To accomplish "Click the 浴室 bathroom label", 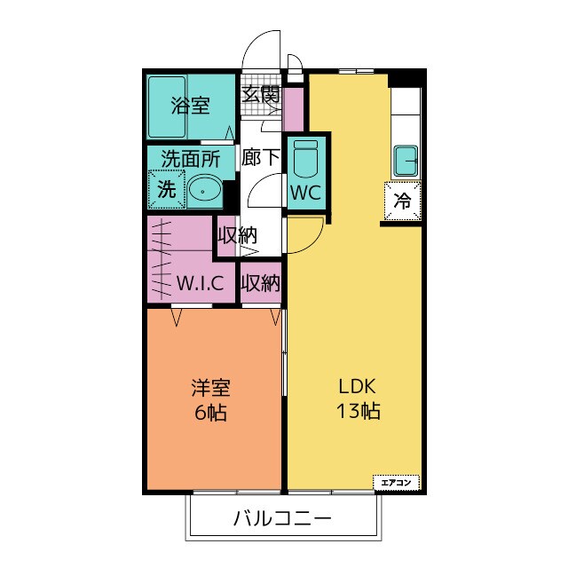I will pyautogui.click(x=191, y=106).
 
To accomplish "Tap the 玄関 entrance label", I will pyautogui.click(x=261, y=92).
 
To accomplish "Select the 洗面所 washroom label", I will pyautogui.click(x=190, y=160).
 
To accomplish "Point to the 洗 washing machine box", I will pyautogui.click(x=166, y=188).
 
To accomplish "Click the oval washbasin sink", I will pyautogui.click(x=205, y=189).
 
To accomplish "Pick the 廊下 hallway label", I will pyautogui.click(x=261, y=158).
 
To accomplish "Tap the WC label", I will pyautogui.click(x=305, y=191).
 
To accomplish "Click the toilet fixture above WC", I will pyautogui.click(x=305, y=158).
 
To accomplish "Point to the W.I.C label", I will pyautogui.click(x=205, y=284).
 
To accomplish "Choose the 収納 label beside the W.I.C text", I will pyautogui.click(x=261, y=284).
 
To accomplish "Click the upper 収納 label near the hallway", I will pyautogui.click(x=237, y=236).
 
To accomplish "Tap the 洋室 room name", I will pyautogui.click(x=212, y=388).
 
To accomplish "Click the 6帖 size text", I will pyautogui.click(x=212, y=413).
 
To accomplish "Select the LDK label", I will pyautogui.click(x=358, y=388).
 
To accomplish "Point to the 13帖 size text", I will pyautogui.click(x=358, y=413).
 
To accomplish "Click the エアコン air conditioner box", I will pyautogui.click(x=395, y=482).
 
